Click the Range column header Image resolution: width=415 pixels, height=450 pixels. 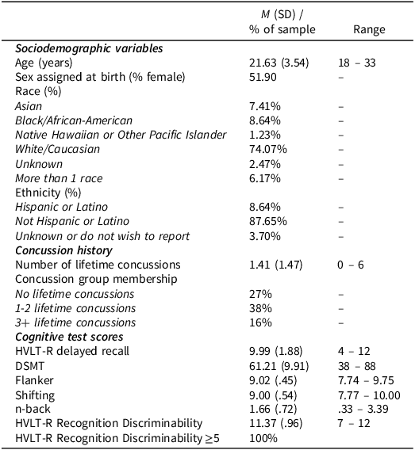coord(369,30)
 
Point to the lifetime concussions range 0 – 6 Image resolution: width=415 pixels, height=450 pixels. coord(351,265)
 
